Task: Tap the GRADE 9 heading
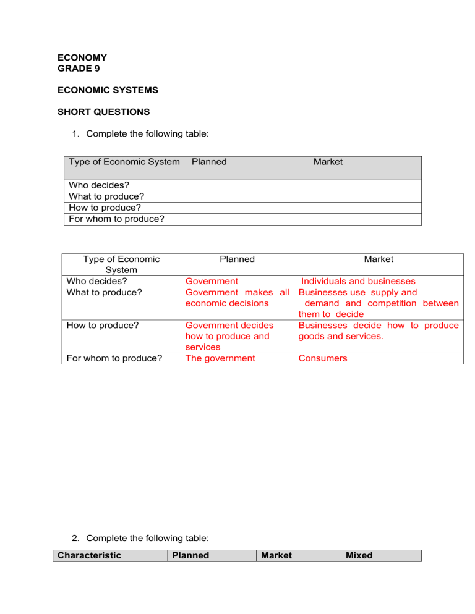pyautogui.click(x=78, y=68)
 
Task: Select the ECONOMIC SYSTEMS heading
pyautogui.click(x=108, y=90)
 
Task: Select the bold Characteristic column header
pyautogui.click(x=89, y=555)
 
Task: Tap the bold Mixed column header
pyautogui.click(x=359, y=555)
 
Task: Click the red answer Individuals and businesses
pyautogui.click(x=358, y=281)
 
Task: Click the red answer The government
pyautogui.click(x=220, y=358)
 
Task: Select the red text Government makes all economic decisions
pyautogui.click(x=237, y=298)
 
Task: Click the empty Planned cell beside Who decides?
pyautogui.click(x=247, y=185)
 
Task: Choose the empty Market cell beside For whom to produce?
pyautogui.click(x=365, y=219)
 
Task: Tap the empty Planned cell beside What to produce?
pyautogui.click(x=247, y=196)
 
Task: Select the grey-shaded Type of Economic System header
pyautogui.click(x=124, y=162)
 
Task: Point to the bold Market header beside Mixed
pyautogui.click(x=276, y=555)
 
